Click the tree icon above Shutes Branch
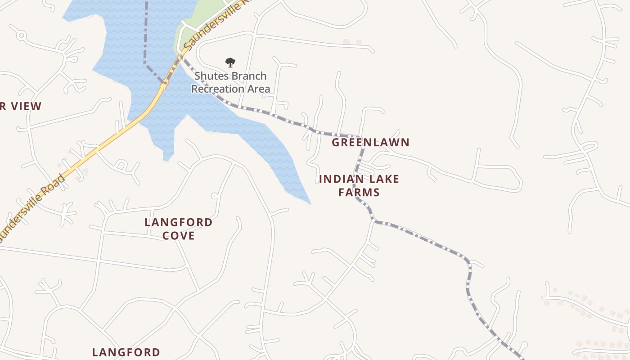tap(230, 63)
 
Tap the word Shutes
tap(210, 76)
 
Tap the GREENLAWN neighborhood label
tap(371, 143)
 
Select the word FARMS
tap(359, 193)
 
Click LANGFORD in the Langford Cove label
tap(179, 222)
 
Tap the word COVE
tap(179, 236)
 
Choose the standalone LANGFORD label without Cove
tap(126, 352)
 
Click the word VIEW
tap(27, 107)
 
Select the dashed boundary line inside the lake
tap(146, 36)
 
